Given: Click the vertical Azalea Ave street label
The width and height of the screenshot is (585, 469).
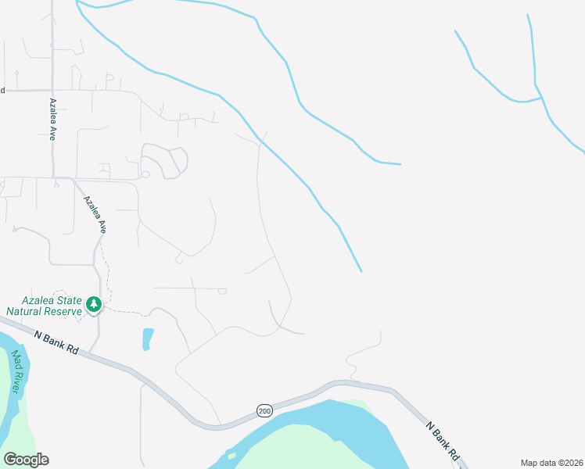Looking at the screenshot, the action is coord(53,119).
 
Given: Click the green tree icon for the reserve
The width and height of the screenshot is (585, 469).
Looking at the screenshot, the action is coord(94,303).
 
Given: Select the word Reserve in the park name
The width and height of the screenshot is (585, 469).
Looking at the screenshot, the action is coord(64,311).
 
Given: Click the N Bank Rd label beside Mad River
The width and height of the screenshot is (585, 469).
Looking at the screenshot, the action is coord(56,342).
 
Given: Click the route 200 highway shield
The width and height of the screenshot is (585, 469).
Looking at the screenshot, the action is coord(264,410).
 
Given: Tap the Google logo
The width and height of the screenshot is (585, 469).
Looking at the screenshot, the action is coord(26,460).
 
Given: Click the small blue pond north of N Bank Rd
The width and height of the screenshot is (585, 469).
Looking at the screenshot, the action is coord(148,338).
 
